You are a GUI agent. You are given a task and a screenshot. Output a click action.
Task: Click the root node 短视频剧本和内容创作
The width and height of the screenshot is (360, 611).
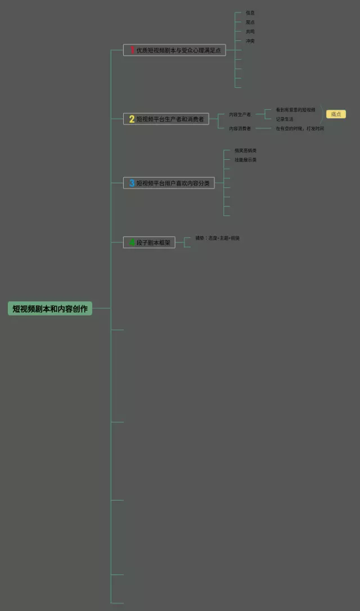[x=50, y=308]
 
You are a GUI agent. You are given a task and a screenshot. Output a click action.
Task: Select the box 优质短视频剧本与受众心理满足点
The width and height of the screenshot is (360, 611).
[x=174, y=50]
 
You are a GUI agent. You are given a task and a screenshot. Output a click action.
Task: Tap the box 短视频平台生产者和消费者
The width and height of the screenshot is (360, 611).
[x=166, y=119]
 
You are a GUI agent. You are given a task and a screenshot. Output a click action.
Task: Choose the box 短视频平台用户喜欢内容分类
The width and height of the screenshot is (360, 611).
[x=169, y=183]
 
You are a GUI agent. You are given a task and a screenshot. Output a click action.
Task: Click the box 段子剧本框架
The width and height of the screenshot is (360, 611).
[x=149, y=242]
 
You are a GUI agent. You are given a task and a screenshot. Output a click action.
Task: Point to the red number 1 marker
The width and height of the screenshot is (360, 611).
[x=132, y=50]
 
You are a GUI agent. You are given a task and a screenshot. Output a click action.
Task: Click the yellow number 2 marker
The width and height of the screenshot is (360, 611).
[x=132, y=119]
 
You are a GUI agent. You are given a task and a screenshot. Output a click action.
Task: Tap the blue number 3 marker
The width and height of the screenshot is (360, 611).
[x=132, y=183]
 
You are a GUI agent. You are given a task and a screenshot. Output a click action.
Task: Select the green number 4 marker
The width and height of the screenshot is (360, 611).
[x=132, y=242]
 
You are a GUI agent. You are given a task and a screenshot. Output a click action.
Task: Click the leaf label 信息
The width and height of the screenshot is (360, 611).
[x=250, y=12]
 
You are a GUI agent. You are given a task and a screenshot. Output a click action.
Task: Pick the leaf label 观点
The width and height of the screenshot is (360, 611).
[x=250, y=22]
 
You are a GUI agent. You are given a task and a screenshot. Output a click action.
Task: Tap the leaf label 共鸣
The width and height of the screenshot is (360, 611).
[x=250, y=32]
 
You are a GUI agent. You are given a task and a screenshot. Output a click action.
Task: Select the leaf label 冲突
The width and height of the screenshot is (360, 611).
[x=250, y=41]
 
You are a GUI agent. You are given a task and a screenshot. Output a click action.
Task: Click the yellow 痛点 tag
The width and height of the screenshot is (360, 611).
[x=336, y=114]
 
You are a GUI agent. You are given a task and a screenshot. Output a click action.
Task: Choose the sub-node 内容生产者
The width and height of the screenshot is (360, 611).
[x=240, y=114]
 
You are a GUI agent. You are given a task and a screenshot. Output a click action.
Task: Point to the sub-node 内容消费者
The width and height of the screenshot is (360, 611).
[x=240, y=128]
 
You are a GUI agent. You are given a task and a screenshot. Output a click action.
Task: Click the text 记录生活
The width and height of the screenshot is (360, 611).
[x=285, y=119]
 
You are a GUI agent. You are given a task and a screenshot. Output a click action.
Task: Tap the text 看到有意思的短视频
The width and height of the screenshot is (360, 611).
[x=295, y=110]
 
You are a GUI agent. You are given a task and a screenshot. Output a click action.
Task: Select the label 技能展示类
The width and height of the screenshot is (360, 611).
[x=246, y=160]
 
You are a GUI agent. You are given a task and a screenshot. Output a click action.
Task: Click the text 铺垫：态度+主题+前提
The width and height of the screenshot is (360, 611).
[x=217, y=238]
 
